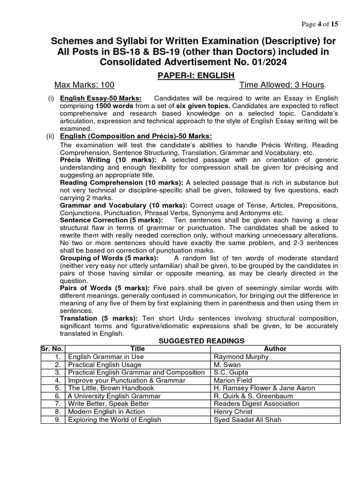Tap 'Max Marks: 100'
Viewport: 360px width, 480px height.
click(x=84, y=85)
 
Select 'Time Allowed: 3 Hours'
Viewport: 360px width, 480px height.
click(x=282, y=85)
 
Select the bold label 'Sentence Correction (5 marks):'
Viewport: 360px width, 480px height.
click(x=112, y=220)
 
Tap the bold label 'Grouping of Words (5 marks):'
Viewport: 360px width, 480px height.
click(x=109, y=258)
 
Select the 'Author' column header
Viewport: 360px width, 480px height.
click(x=275, y=349)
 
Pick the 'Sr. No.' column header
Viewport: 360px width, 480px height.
click(x=52, y=349)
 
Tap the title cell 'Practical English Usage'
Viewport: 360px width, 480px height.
click(x=105, y=365)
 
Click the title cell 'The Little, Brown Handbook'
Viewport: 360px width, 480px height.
click(x=111, y=388)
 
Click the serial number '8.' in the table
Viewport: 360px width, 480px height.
click(x=58, y=412)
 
